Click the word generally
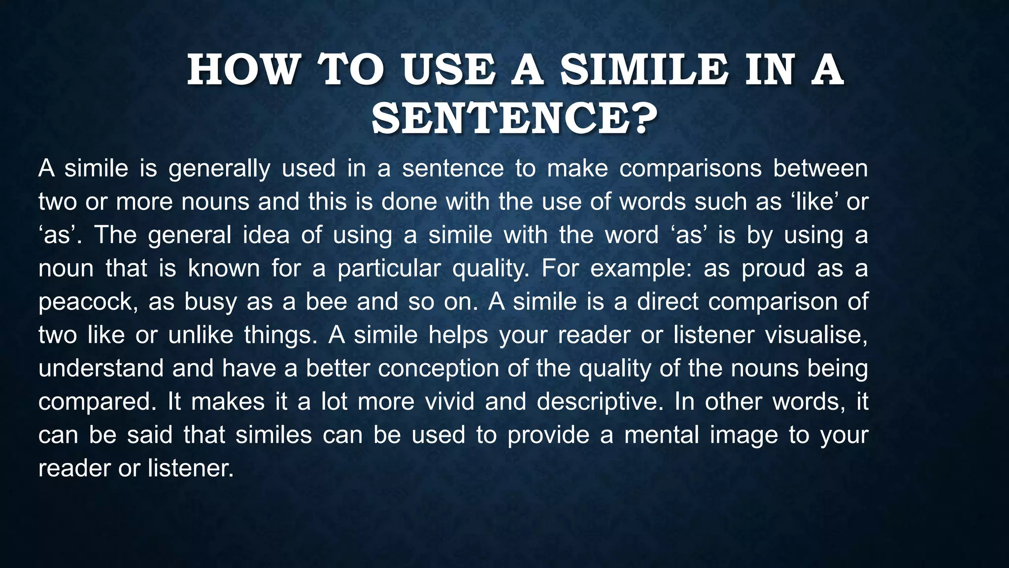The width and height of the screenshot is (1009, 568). click(x=219, y=169)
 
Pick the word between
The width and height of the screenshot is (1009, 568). click(x=820, y=169)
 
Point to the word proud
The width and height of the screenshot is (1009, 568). click(x=773, y=269)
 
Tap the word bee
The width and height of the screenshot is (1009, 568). click(x=326, y=302)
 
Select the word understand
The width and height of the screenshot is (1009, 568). click(x=101, y=369)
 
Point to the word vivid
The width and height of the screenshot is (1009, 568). click(x=449, y=402)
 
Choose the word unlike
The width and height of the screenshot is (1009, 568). click(x=201, y=335)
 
